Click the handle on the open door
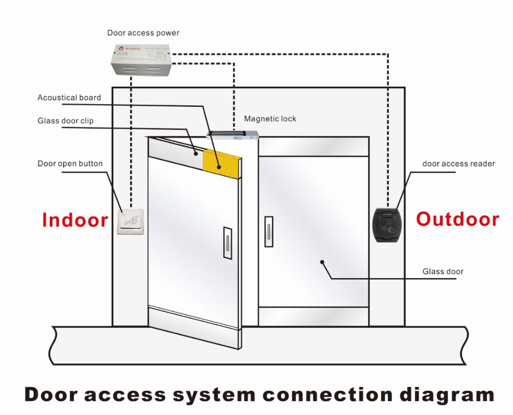pyautogui.click(x=228, y=243)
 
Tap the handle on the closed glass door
pyautogui.click(x=269, y=231)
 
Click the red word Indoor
pyautogui.click(x=75, y=220)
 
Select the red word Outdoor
pyautogui.click(x=457, y=219)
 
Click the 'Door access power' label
pyautogui.click(x=143, y=33)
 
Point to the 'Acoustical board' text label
pyautogui.click(x=69, y=97)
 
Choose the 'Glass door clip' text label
pyautogui.click(x=66, y=121)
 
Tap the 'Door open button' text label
pyautogui.click(x=70, y=163)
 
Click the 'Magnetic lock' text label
pyautogui.click(x=270, y=119)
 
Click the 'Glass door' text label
pyautogui.click(x=443, y=271)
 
